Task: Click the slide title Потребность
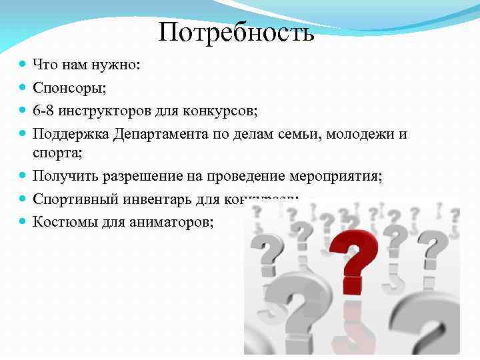[236, 32]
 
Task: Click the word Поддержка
[71, 133]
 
